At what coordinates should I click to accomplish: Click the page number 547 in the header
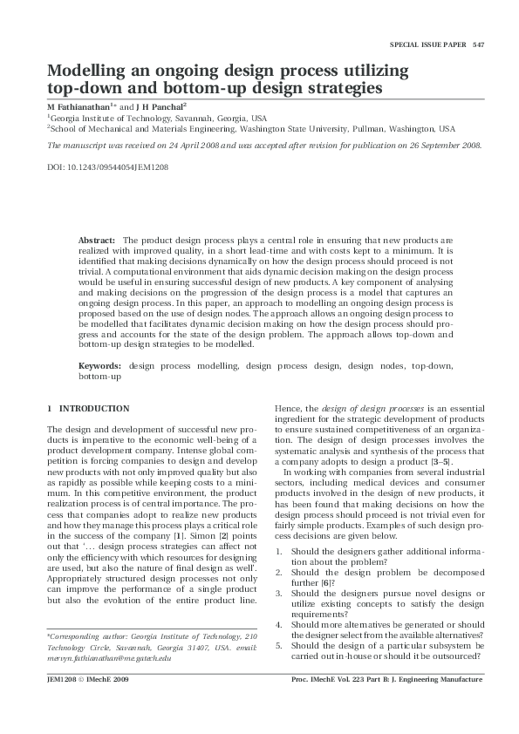tap(478, 44)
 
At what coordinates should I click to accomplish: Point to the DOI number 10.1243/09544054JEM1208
tap(119, 166)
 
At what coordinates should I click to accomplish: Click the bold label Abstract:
tap(97, 239)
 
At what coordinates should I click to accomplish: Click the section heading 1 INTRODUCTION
tap(88, 409)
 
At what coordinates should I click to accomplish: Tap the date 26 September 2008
tap(442, 146)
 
